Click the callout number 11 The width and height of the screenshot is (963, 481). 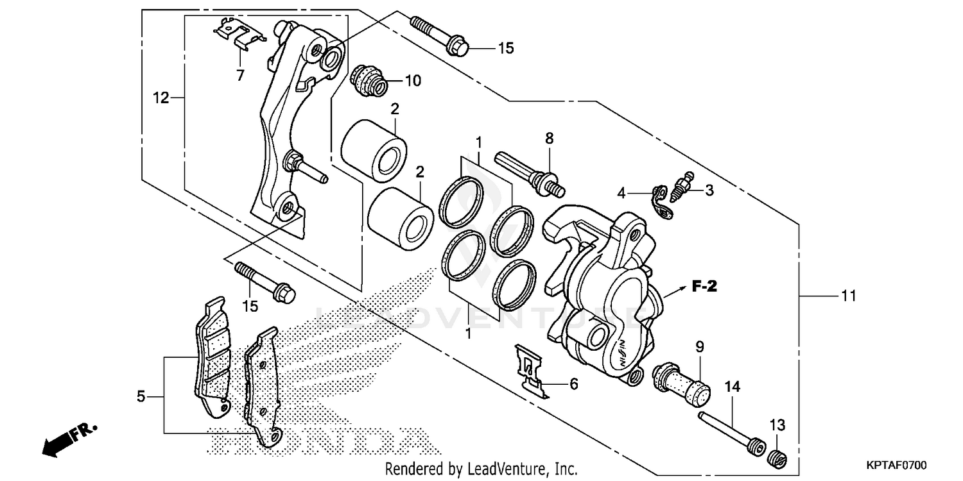point(849,296)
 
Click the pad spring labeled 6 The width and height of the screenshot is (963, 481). point(532,370)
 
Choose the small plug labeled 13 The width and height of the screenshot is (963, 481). point(778,457)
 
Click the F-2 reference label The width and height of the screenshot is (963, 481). point(704,287)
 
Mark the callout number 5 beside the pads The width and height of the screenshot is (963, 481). point(141,398)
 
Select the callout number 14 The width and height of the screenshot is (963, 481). point(733,387)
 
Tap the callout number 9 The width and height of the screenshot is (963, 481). point(699,347)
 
